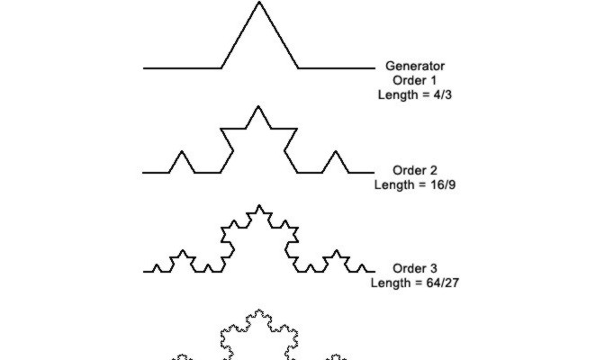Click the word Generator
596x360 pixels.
pos(414,66)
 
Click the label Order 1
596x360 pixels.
pos(414,79)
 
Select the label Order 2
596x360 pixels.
pos(414,170)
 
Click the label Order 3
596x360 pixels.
pos(414,268)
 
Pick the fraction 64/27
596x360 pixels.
pos(438,282)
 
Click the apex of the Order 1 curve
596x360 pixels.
pos(259,3)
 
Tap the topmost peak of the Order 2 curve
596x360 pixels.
pos(259,106)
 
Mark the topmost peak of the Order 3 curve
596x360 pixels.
pos(259,205)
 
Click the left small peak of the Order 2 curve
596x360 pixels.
pos(182,150)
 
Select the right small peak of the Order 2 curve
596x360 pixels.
pos(336,150)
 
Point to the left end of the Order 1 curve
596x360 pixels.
pos(144,67)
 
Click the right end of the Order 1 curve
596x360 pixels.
pos(374,67)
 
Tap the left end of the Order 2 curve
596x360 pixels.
pos(144,172)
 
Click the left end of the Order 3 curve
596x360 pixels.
pos(144,271)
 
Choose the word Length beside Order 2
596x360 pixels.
pos(393,184)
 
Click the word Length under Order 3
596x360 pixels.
pos(390,282)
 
